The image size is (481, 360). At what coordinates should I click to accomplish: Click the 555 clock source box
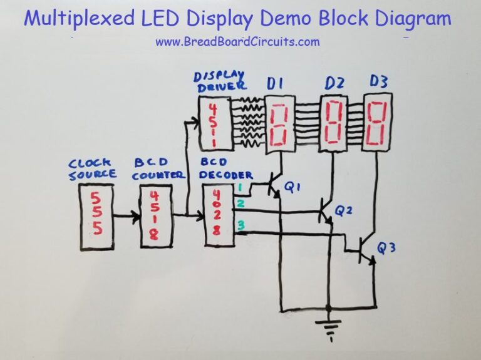pos(96,217)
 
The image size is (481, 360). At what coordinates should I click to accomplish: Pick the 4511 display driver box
pos(214,123)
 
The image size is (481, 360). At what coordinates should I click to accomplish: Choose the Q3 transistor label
pos(386,249)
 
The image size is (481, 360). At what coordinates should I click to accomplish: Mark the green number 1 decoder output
pos(239,187)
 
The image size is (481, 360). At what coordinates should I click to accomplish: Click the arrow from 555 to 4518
pos(127,217)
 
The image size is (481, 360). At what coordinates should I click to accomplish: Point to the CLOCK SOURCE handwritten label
pos(93,170)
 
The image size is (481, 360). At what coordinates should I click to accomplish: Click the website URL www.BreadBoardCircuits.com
pos(237,42)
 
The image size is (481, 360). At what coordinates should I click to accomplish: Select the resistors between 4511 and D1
pos(246,122)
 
